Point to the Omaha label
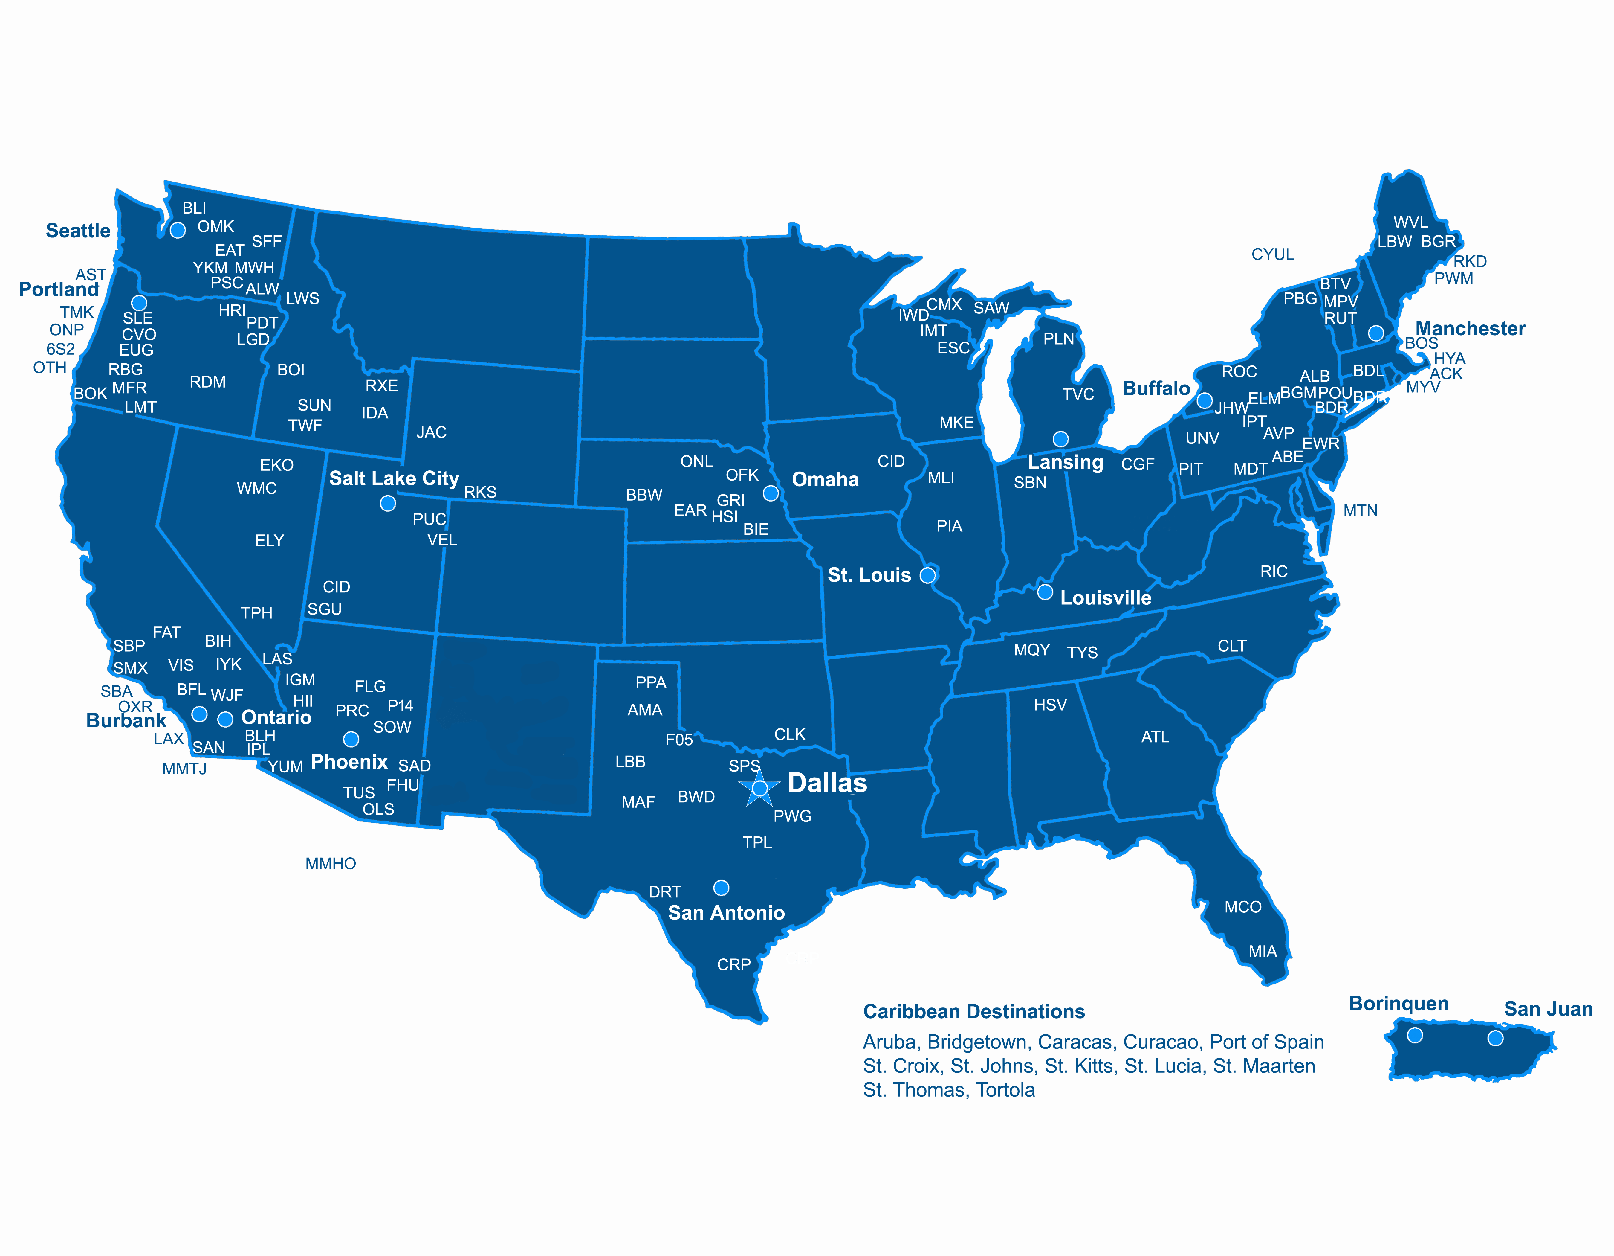click(x=825, y=480)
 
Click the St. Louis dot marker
click(x=927, y=575)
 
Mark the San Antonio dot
click(x=721, y=887)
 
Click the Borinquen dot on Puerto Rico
click(x=1414, y=1035)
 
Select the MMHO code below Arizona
click(x=330, y=863)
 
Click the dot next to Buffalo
click(x=1205, y=401)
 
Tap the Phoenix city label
click(x=349, y=761)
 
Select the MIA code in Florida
click(x=1262, y=952)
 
